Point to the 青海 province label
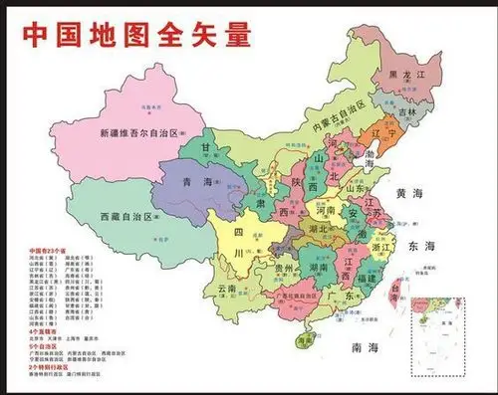[x=199, y=182]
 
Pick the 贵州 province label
[x=284, y=269]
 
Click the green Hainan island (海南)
[x=303, y=340]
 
